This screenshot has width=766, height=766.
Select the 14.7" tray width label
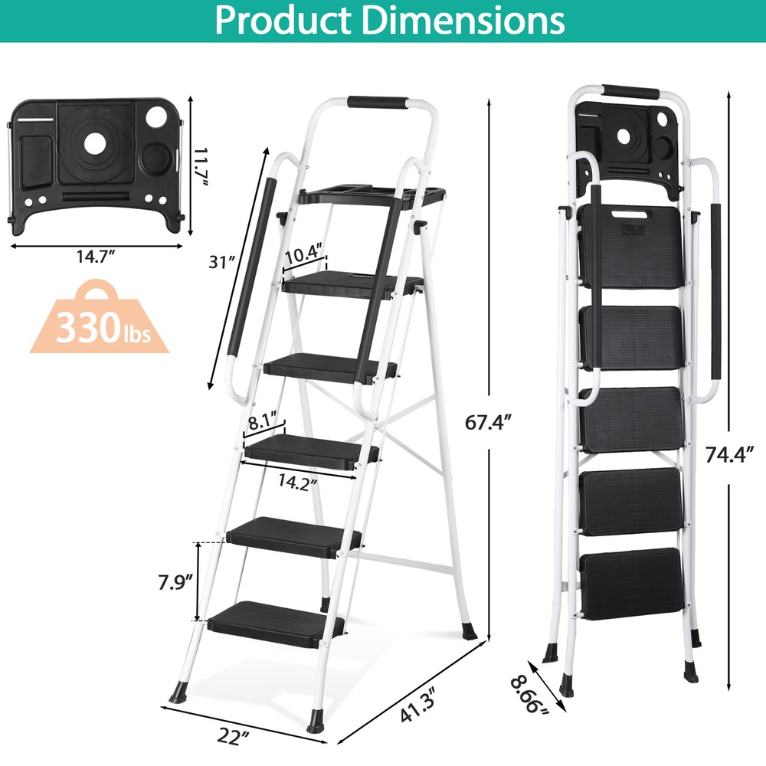click(96, 257)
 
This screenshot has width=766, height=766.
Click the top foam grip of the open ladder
click(377, 102)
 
